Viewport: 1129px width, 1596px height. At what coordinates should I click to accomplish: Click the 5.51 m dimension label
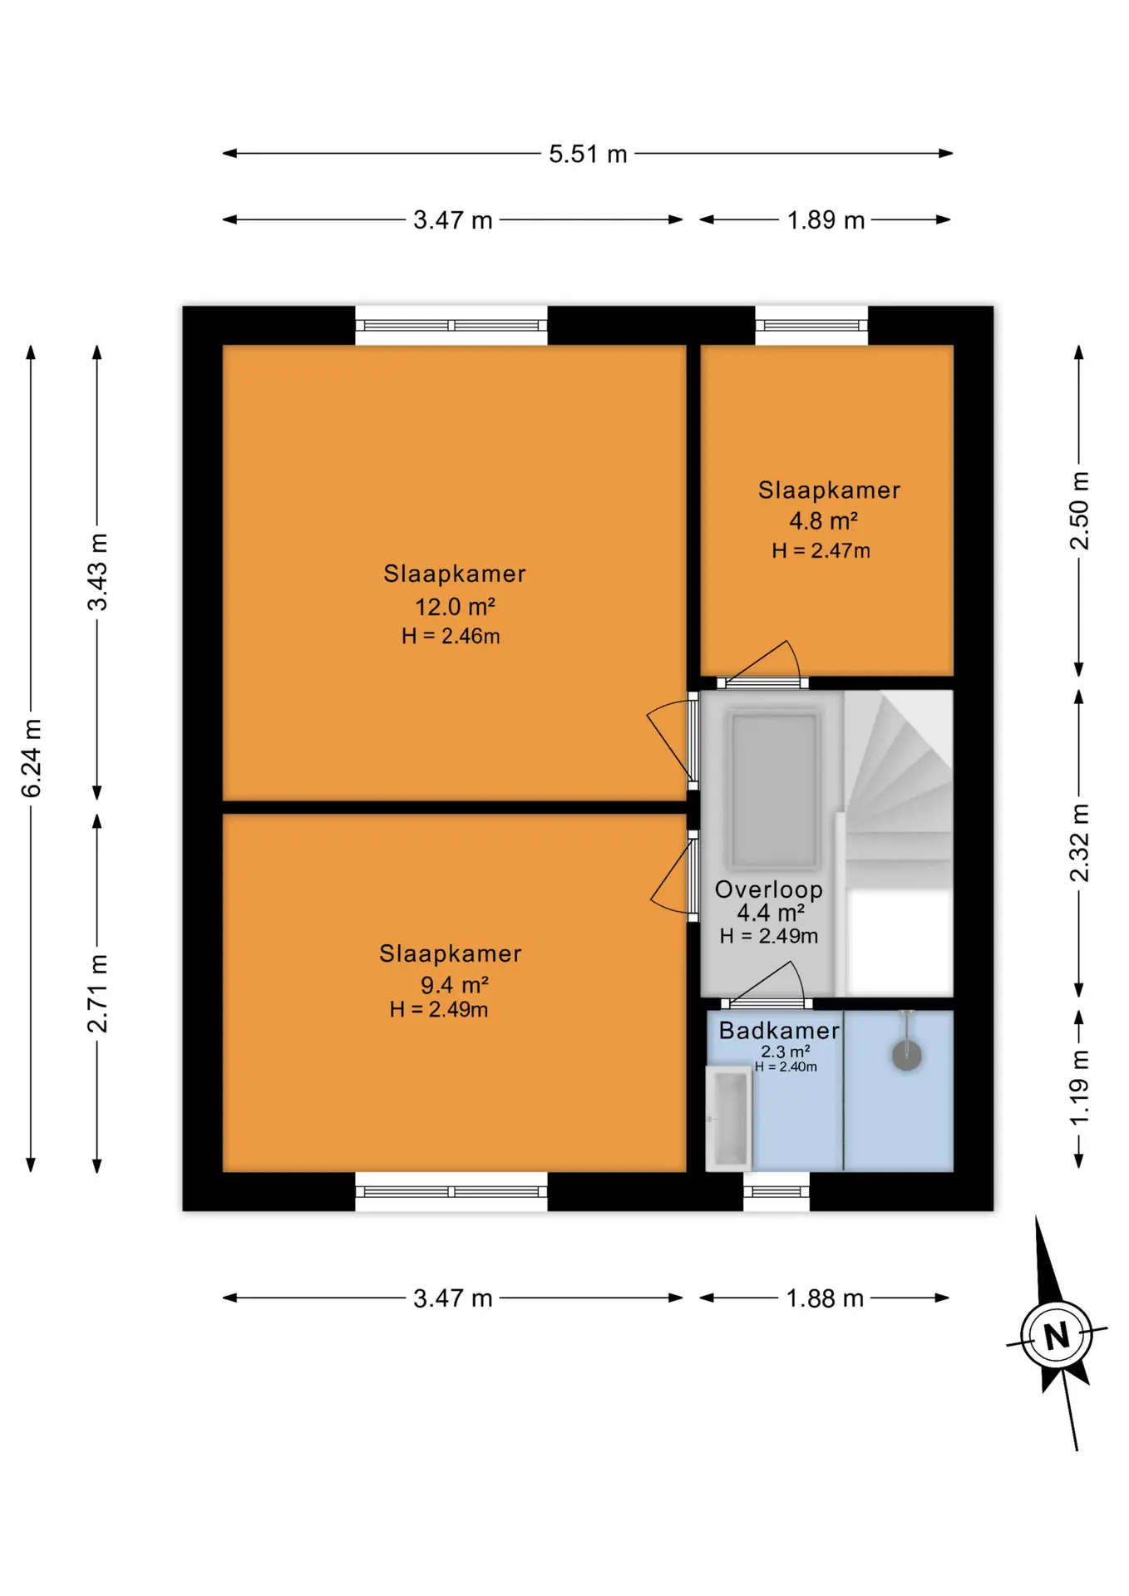(588, 154)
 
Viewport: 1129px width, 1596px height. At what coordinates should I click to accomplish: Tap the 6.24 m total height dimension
(32, 758)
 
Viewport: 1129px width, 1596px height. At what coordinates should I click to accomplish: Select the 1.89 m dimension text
(826, 220)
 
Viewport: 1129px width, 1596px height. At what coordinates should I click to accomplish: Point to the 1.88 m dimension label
(825, 1298)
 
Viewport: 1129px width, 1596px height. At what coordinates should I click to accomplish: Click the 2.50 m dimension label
(1079, 510)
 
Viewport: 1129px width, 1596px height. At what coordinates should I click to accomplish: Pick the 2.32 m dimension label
(1079, 842)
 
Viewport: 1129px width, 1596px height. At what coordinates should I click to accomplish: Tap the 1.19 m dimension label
(1079, 1087)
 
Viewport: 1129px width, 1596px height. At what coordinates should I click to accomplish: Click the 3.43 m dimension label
(98, 572)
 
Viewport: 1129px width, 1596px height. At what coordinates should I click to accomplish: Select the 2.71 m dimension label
(98, 993)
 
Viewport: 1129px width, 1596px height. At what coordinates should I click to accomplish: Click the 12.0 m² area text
(456, 607)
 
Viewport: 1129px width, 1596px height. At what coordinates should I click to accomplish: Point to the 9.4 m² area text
(455, 985)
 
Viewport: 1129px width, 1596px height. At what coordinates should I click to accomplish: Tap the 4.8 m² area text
(823, 521)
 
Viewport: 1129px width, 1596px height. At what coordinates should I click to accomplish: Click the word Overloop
(769, 889)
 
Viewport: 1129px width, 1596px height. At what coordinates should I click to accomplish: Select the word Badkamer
(779, 1031)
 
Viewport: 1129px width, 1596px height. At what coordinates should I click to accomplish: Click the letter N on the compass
(1057, 1336)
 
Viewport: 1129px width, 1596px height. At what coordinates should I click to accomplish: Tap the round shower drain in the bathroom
(907, 1056)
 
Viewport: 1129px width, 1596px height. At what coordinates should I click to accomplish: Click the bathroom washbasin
(729, 1118)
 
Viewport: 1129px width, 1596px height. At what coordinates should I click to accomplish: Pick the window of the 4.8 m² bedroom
(811, 325)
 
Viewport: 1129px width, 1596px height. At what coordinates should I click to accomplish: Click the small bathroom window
(776, 1192)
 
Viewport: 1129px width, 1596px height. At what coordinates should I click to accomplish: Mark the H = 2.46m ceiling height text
(451, 637)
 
